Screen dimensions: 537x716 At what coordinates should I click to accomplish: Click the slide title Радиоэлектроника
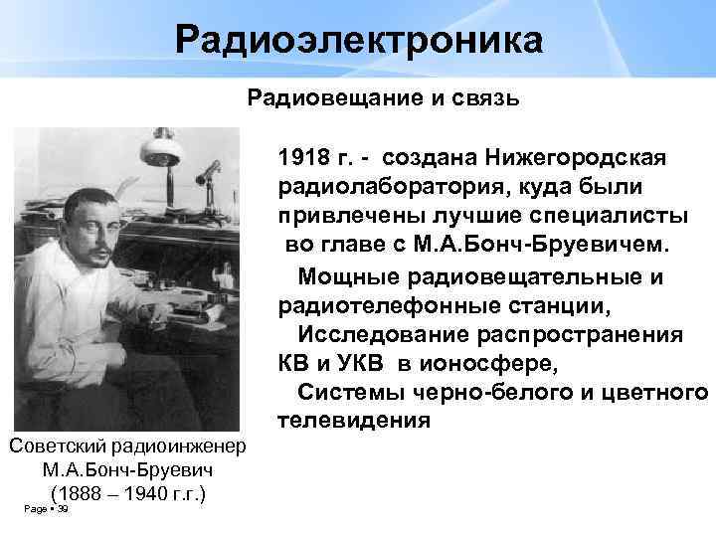pos(359,41)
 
